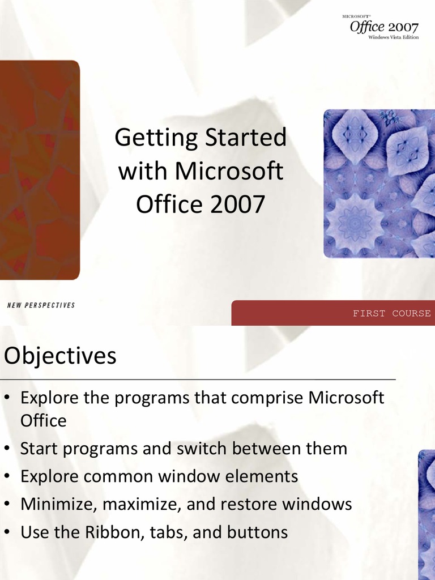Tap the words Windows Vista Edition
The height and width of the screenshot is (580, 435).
tap(393, 37)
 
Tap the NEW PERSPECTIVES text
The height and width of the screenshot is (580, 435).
tap(41, 305)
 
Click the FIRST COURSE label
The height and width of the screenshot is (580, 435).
tap(391, 313)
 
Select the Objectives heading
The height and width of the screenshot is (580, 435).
tap(60, 356)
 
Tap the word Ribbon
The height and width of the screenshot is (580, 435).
tap(112, 532)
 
